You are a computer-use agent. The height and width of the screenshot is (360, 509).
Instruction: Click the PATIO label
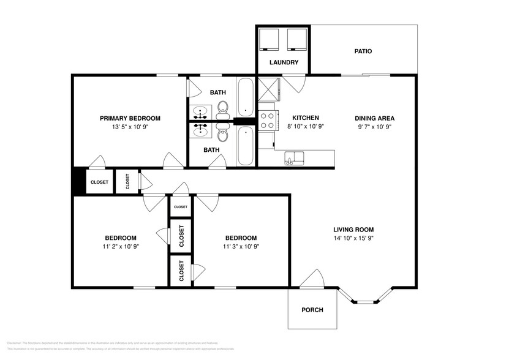(363, 51)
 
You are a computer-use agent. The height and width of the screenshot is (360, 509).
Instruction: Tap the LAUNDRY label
(284, 62)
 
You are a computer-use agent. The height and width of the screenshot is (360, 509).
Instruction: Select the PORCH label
(312, 309)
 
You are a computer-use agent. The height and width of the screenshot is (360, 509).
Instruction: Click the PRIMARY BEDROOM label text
(130, 118)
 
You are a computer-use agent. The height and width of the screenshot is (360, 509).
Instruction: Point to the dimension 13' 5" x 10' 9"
(130, 127)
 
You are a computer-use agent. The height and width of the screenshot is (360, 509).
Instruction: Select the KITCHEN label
(305, 118)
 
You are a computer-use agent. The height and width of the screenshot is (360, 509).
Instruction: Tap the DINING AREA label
(374, 118)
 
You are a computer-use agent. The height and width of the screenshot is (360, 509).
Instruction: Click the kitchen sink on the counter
(295, 157)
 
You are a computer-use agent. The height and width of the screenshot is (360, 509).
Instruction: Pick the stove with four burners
(266, 119)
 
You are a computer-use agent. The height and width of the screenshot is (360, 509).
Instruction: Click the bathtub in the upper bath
(245, 97)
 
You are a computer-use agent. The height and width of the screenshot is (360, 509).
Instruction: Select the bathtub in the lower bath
(245, 146)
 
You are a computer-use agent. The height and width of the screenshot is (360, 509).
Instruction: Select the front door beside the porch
(313, 279)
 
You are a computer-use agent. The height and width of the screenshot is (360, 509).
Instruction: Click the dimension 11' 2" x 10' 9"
(120, 247)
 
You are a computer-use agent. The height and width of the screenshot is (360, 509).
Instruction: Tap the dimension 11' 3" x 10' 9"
(241, 247)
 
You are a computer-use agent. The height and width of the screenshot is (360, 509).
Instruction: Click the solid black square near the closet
(78, 182)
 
